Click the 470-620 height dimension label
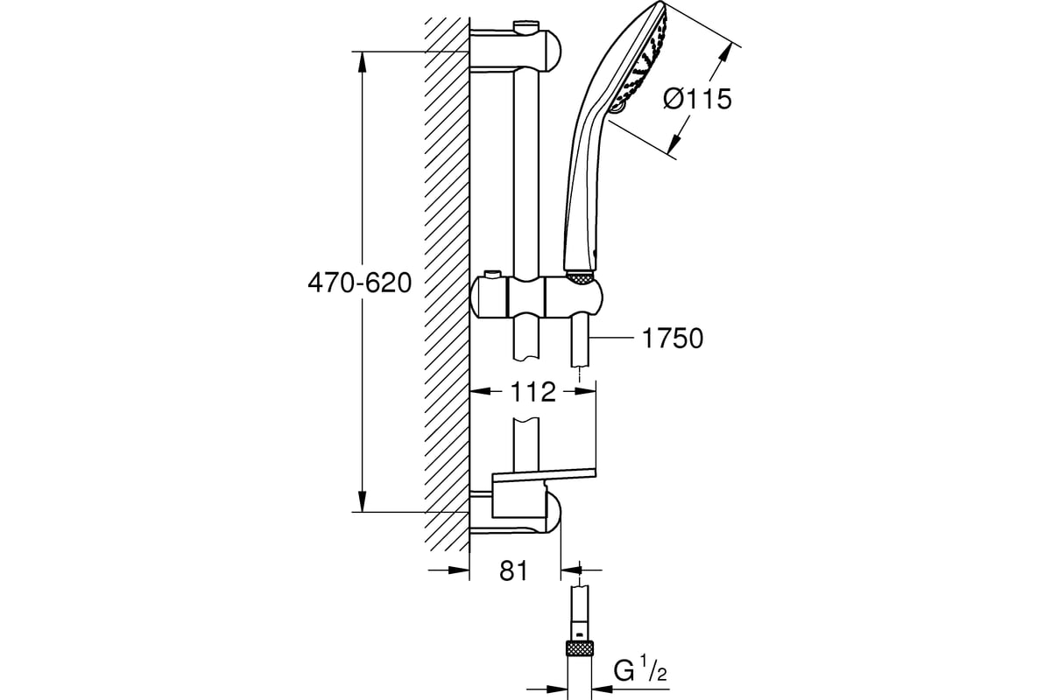(x=360, y=283)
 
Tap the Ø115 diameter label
(x=697, y=100)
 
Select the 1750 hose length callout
(x=673, y=338)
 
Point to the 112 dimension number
(x=533, y=392)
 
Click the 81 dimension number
(x=513, y=571)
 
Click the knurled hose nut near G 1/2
(x=580, y=650)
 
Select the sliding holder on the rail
(x=536, y=297)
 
